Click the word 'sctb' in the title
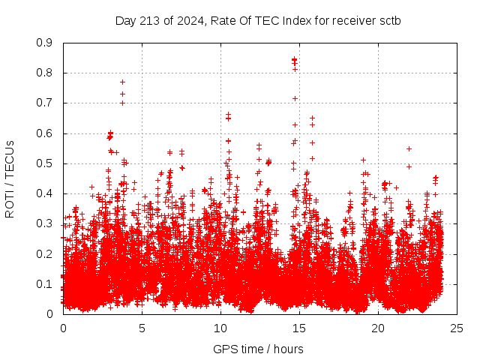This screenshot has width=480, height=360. coord(389,20)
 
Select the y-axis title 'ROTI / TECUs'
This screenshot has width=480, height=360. coord(10,178)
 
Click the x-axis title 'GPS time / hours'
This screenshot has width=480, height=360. coord(259,349)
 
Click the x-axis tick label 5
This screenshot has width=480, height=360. coord(142,328)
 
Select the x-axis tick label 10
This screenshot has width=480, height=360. coord(220,328)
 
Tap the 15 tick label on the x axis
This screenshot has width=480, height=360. coord(299,328)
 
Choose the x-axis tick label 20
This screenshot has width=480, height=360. coord(378,328)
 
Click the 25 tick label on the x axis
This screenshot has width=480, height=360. coord(457,328)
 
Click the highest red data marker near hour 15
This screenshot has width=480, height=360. coord(295,59)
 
